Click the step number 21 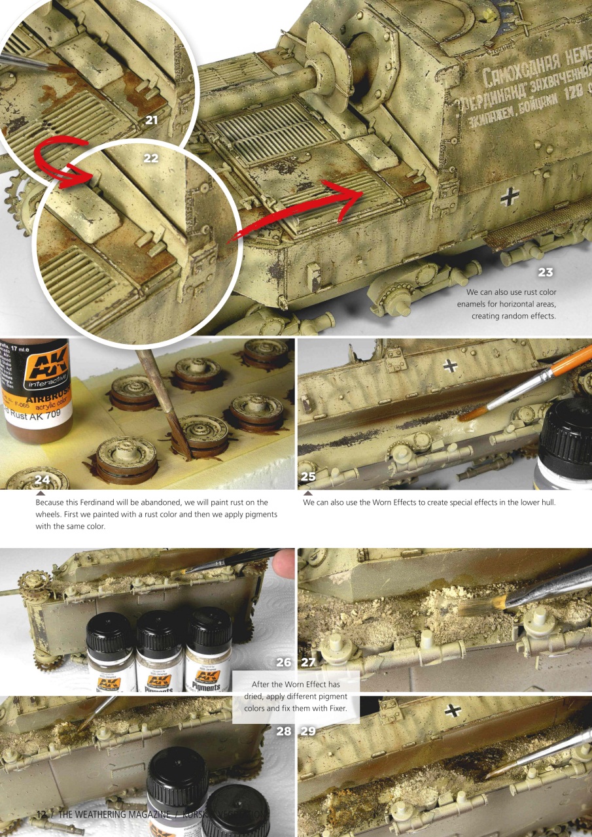[x=152, y=120]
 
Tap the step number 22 [x=151, y=158]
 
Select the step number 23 [x=546, y=272]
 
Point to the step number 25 [x=307, y=477]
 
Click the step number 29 [x=308, y=731]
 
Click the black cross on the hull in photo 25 [x=451, y=366]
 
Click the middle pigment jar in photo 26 [x=160, y=654]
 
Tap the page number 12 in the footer [x=41, y=815]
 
